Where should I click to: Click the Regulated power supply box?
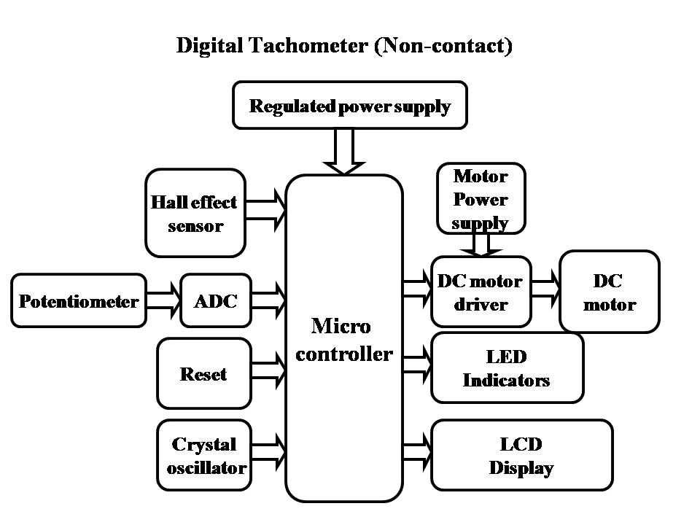coord(349,106)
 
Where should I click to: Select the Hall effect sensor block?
coord(195,213)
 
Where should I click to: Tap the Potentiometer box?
coord(79,300)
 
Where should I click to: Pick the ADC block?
coord(215,300)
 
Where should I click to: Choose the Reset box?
coord(203,373)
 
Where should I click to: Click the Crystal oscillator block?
coord(205,456)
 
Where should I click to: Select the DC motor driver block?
coord(480,292)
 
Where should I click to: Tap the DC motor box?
coord(609,292)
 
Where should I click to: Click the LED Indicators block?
coord(507,367)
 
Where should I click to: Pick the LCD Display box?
coord(521,455)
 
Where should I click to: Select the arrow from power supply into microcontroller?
coord(343,151)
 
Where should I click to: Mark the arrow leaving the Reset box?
coord(268,369)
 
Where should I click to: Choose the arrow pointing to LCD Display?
coord(416,451)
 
